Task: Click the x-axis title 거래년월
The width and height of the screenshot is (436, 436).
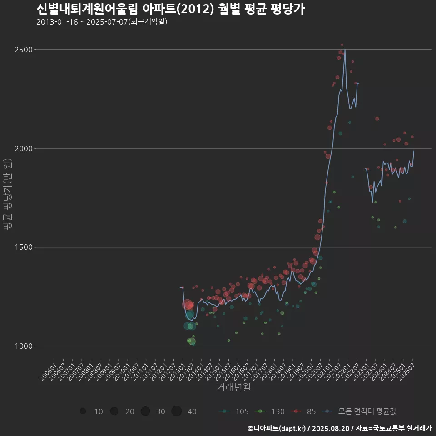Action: tap(233, 387)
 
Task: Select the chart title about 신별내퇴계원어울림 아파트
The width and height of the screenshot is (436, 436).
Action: tap(170, 9)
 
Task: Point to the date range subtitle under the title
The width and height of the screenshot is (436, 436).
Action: tap(102, 22)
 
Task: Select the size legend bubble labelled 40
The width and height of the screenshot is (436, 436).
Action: tap(177, 411)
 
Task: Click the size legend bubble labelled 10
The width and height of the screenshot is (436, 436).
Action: tap(83, 411)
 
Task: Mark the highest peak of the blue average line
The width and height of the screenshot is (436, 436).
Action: tap(345, 49)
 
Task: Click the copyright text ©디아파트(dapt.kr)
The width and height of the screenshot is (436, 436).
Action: tap(277, 428)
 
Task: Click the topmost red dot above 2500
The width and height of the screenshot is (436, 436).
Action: tap(342, 45)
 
